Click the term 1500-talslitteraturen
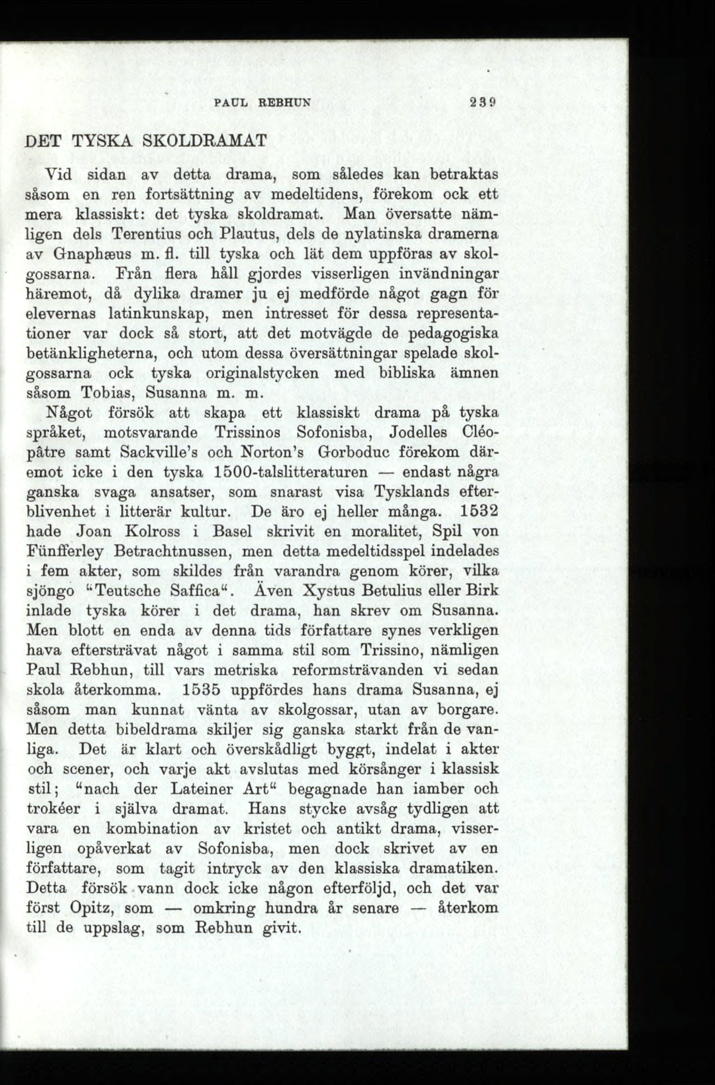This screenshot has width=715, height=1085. (x=290, y=472)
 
